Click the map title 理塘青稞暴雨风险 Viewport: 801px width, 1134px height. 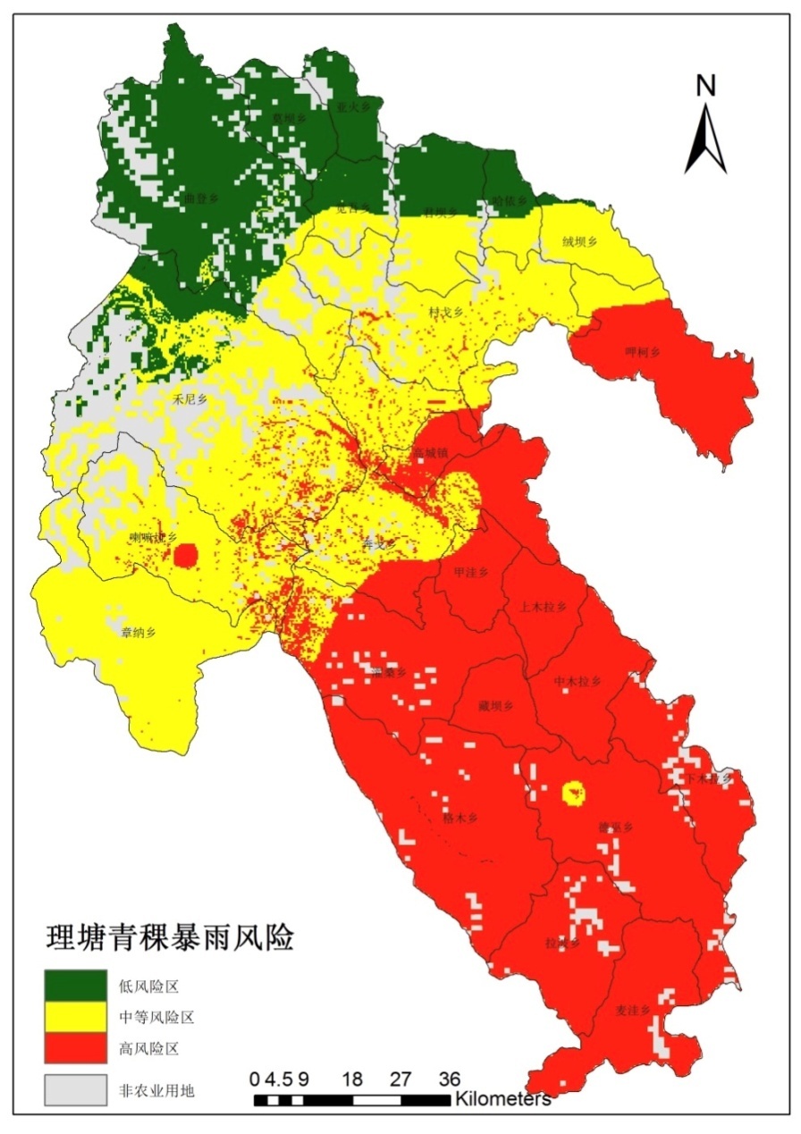170,939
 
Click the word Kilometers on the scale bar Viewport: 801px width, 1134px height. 502,1098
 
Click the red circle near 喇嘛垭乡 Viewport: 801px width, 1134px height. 185,556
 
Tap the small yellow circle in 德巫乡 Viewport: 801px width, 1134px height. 572,792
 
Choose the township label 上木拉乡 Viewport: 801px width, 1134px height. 544,607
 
